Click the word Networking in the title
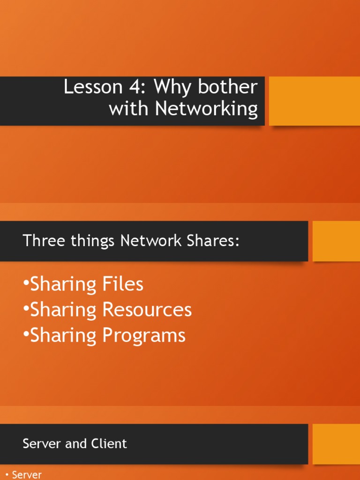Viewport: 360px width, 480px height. pos(206,109)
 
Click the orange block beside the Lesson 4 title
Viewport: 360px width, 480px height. pos(314,101)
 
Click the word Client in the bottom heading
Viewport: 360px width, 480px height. pos(109,443)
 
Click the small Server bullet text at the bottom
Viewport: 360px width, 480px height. pos(27,474)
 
